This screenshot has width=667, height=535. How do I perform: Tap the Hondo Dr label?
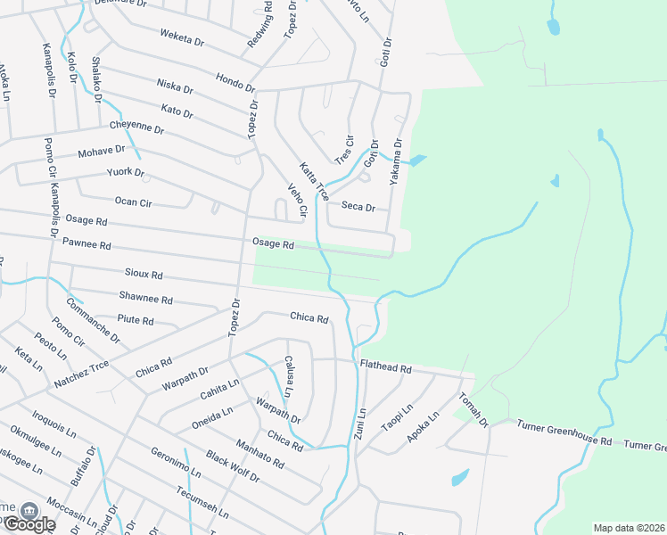(x=235, y=82)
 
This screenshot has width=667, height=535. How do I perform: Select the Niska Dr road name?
(x=175, y=86)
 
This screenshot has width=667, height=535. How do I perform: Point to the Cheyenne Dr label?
(x=137, y=129)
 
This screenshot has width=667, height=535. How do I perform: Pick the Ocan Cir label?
(x=133, y=202)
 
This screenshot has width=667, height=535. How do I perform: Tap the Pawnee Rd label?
(x=86, y=243)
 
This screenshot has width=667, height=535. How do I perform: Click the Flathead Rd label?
(x=385, y=367)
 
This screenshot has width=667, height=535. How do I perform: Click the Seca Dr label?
(x=358, y=207)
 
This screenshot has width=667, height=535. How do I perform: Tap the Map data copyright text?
(x=630, y=528)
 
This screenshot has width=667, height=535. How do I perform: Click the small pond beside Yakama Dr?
(x=417, y=161)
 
